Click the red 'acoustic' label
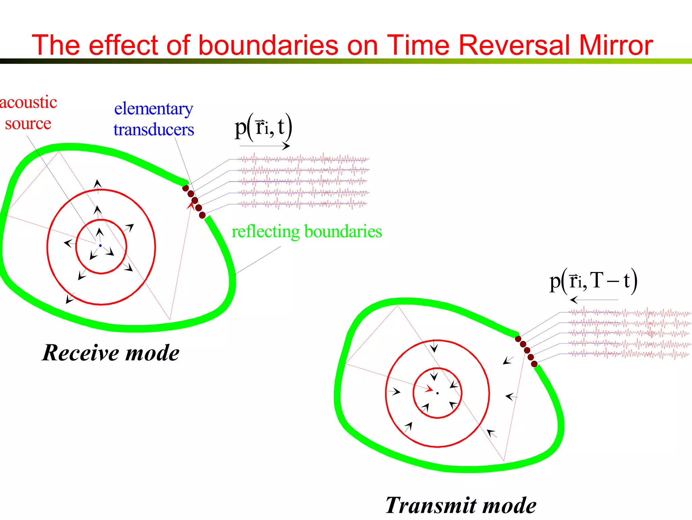pos(28,102)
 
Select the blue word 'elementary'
pos(154,109)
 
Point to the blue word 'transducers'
pos(154,130)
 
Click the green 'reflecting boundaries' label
pos(306,232)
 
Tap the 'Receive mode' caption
pos(110,353)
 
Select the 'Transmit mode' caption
pos(461,505)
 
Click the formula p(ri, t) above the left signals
pos(263,127)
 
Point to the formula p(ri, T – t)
pos(593,281)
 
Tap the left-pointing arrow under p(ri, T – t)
pos(594,300)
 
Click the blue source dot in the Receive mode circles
pos(100,246)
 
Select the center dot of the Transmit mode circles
pos(437,393)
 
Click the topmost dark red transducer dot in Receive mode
pos(186,188)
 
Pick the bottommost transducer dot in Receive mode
pos(202,215)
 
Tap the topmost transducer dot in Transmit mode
pos(518,339)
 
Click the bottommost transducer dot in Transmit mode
pos(534,364)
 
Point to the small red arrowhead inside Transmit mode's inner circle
pos(429,389)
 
